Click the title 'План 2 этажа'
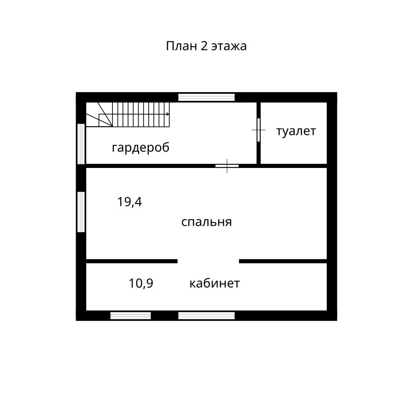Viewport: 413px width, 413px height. point(206,46)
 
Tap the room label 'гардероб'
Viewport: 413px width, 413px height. point(141,147)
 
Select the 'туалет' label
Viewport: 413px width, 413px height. point(296,131)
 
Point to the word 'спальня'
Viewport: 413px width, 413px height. point(206,222)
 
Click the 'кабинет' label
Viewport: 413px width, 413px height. point(215,284)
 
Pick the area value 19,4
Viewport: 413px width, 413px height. point(129,202)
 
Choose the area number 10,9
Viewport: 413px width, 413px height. point(141,284)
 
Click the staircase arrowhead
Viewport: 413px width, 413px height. point(168,114)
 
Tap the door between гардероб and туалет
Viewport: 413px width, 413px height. point(259,130)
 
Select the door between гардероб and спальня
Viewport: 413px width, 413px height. point(227,166)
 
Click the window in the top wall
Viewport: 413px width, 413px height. point(206,97)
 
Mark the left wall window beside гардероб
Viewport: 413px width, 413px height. point(81,144)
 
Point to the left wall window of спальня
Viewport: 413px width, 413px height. point(81,212)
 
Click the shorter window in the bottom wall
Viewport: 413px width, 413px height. point(131,316)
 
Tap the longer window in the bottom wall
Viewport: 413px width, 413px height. point(206,316)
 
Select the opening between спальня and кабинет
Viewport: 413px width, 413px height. point(208,261)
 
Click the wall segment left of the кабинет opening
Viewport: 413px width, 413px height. point(132,261)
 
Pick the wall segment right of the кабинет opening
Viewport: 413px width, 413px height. point(283,261)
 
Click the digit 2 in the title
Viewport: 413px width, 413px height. point(204,46)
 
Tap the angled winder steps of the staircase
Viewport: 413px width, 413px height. point(99,115)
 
